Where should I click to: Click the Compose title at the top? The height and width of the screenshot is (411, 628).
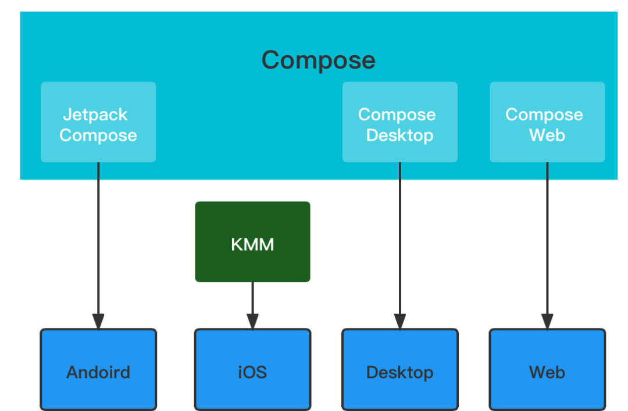pos(319,60)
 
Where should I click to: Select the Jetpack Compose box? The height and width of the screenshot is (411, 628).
pos(98,122)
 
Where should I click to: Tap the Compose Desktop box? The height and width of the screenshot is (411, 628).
pos(400,122)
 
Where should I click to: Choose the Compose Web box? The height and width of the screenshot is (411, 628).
pos(547,122)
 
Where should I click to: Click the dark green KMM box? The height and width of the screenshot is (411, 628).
pos(253,242)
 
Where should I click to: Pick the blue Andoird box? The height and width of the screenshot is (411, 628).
pos(98,370)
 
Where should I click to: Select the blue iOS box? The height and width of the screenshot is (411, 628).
pos(253,370)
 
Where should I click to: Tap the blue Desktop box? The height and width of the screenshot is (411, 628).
pos(400,370)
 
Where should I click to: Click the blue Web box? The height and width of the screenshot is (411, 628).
pos(547,370)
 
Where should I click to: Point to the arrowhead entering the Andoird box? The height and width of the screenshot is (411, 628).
pos(98,321)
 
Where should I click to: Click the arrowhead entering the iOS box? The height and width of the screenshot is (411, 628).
pos(253,321)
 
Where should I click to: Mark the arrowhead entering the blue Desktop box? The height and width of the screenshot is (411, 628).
pos(400,321)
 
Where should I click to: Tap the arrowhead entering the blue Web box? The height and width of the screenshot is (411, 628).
pos(547,321)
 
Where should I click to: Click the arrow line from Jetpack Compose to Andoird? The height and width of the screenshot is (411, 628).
pos(98,246)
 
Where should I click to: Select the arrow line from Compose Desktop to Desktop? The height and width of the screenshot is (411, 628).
pos(400,246)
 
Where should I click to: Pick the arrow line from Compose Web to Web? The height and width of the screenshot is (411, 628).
pos(547,246)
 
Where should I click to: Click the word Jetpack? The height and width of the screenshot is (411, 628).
pos(95,115)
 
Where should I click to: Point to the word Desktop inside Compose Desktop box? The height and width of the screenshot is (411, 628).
pos(399,136)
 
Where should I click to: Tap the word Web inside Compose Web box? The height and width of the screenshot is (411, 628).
pos(547,135)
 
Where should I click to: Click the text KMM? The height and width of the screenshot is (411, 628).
pos(253,245)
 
